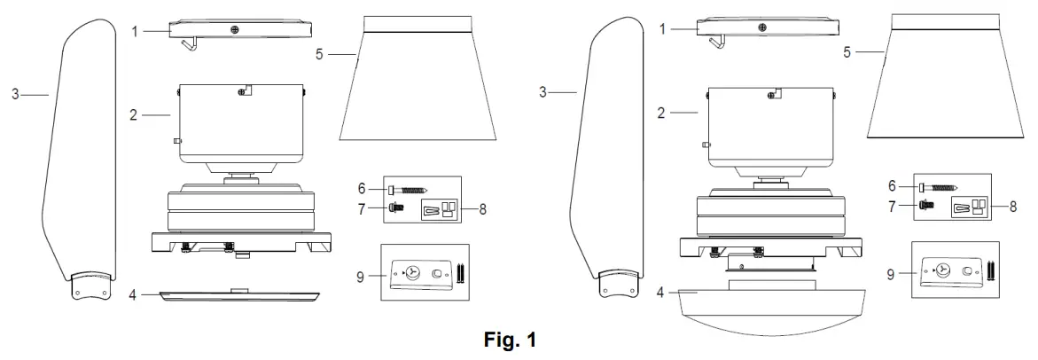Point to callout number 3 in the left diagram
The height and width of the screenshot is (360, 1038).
pyautogui.click(x=16, y=93)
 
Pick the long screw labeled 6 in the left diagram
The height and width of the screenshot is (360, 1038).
pyautogui.click(x=409, y=189)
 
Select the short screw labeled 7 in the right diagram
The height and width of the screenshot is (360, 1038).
pyautogui.click(x=926, y=204)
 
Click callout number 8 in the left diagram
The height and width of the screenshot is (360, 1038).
pyautogui.click(x=482, y=211)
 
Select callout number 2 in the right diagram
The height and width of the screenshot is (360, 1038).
pyautogui.click(x=661, y=113)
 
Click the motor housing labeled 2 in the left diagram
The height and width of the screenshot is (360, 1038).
pyautogui.click(x=239, y=120)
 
